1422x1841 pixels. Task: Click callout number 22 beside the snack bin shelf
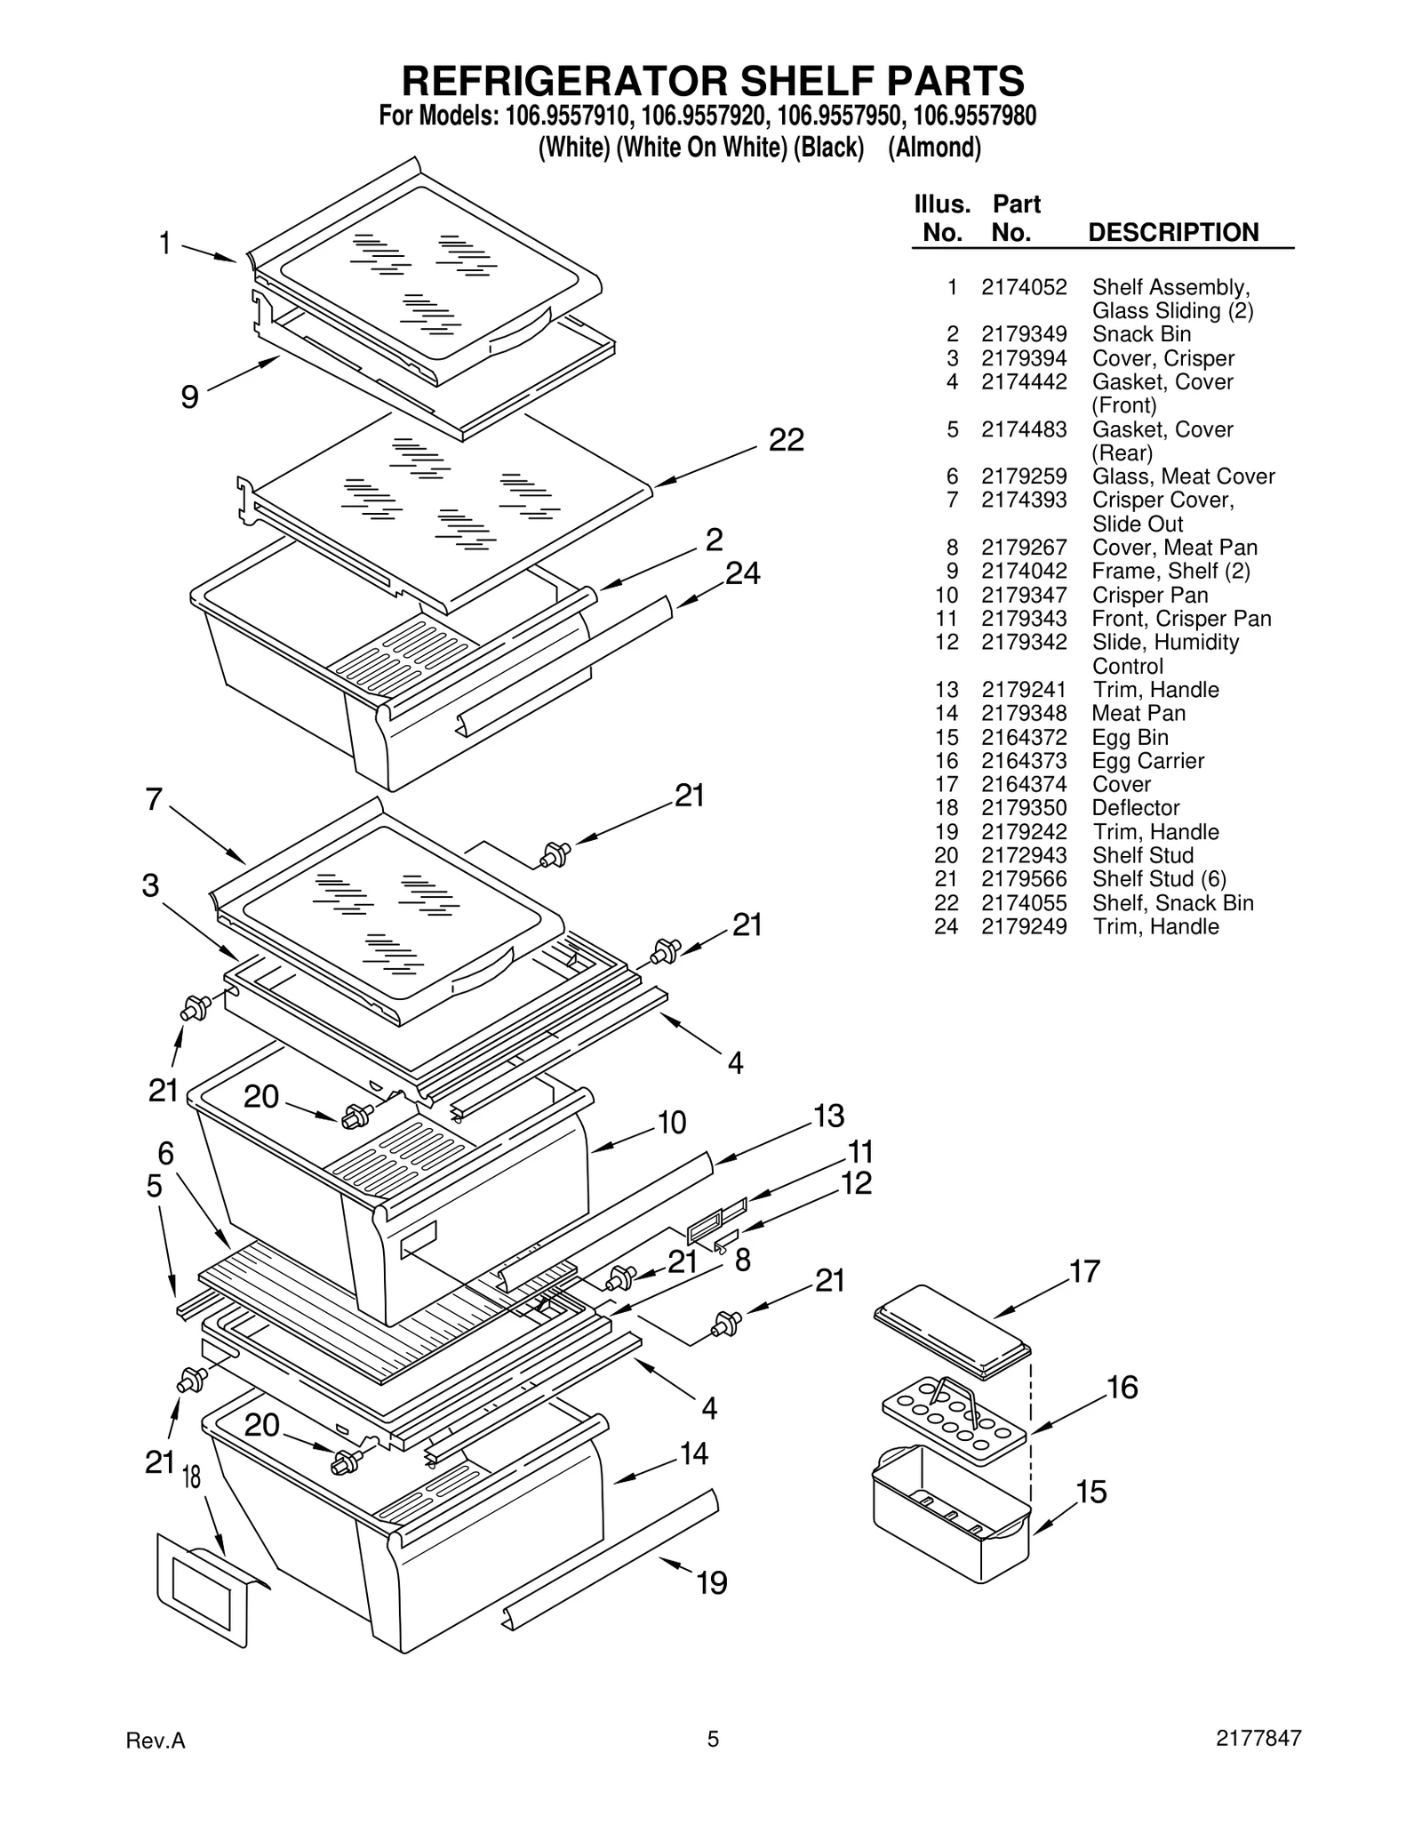[786, 440]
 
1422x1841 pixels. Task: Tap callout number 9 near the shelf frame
[189, 396]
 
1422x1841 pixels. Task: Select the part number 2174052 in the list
[1023, 287]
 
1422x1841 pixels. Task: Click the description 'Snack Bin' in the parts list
[1141, 334]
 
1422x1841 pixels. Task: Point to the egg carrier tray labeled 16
[954, 1421]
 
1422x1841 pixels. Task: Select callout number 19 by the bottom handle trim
[711, 1582]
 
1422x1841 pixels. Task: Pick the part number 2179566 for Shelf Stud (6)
[1023, 879]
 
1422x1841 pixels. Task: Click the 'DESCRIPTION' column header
[1173, 233]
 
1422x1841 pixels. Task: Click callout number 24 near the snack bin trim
[743, 574]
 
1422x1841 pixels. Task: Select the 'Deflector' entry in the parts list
[1135, 808]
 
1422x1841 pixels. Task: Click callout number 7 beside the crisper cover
[154, 800]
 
